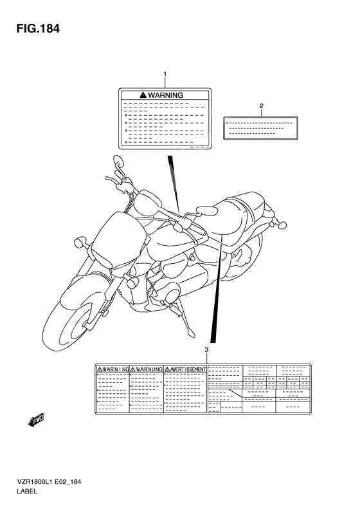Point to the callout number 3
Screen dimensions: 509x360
click(x=206, y=349)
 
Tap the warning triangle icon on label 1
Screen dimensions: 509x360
click(x=142, y=95)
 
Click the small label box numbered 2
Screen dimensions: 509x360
click(x=261, y=127)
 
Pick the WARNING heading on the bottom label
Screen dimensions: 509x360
click(x=113, y=370)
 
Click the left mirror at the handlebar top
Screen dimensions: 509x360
click(x=118, y=160)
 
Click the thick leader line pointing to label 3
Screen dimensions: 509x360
click(x=218, y=290)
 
